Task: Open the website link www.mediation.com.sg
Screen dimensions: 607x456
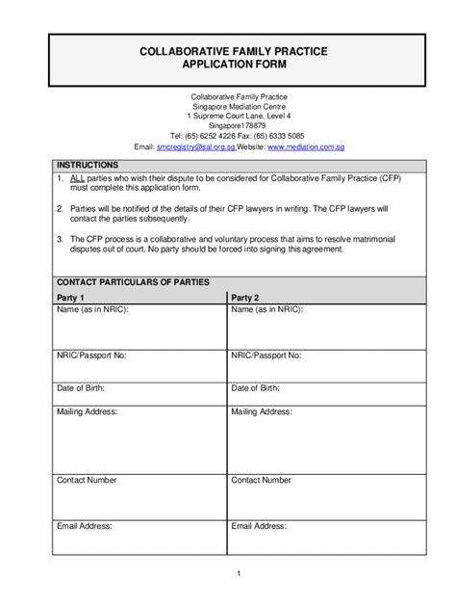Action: (305, 147)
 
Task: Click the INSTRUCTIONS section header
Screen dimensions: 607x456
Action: (87, 166)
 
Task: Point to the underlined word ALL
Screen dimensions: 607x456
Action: (77, 179)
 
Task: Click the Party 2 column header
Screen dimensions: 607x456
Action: (245, 298)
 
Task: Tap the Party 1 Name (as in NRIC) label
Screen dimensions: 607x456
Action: (92, 310)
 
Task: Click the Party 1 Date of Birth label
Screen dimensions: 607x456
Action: (81, 388)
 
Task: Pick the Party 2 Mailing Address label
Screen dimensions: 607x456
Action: (262, 411)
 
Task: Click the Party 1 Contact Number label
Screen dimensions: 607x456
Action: (87, 479)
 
